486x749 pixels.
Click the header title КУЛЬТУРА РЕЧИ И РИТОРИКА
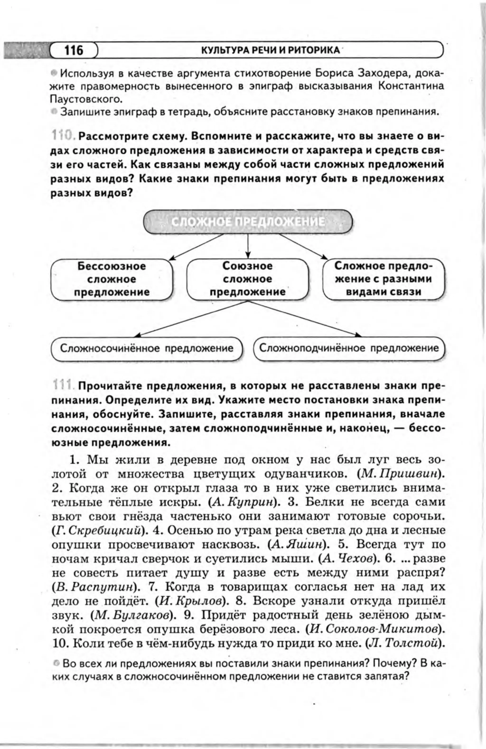pos(270,50)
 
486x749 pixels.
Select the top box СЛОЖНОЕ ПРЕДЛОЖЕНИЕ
pos(248,222)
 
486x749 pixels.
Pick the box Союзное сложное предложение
pos(248,279)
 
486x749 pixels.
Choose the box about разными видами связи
pos(383,279)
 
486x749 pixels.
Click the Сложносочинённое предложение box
pos(147,349)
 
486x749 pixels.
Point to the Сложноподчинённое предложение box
pos(349,348)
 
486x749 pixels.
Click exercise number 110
pos(63,137)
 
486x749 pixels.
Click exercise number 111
pos(63,386)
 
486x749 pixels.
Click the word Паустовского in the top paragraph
pos(85,100)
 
